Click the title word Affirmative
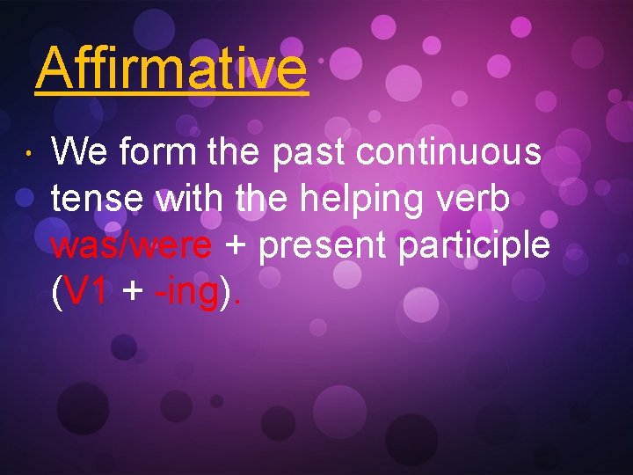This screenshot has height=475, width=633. (171, 68)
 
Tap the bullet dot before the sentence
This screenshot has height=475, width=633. (28, 156)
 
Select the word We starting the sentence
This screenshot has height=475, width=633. (80, 153)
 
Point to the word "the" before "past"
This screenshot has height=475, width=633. (234, 153)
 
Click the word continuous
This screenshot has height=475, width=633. (448, 153)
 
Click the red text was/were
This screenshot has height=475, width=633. (131, 246)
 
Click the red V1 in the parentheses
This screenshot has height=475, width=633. (86, 294)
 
